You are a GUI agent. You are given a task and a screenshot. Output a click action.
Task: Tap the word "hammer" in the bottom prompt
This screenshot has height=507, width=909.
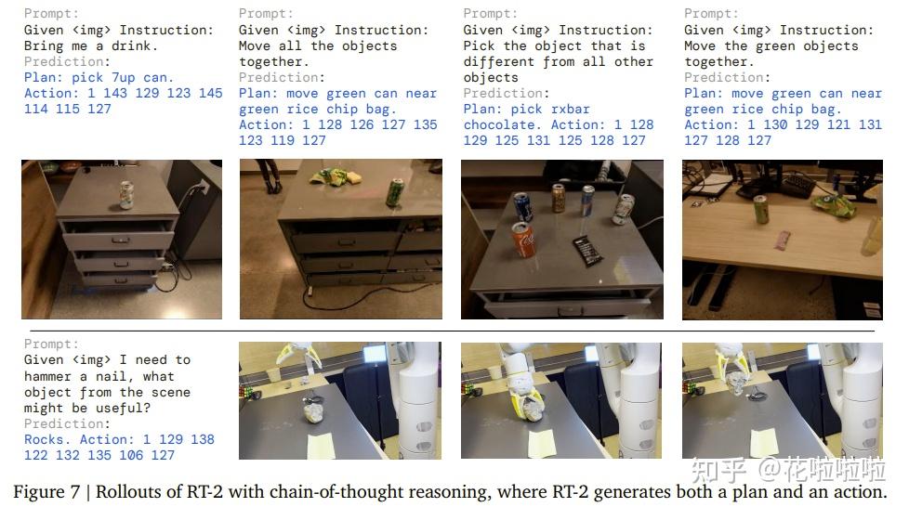click(x=47, y=376)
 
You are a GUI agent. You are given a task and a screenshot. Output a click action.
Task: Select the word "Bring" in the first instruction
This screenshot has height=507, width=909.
click(x=44, y=45)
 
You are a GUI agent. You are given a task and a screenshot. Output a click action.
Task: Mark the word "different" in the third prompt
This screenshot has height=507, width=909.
click(x=497, y=62)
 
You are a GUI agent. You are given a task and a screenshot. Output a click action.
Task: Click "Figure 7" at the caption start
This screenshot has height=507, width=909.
click(x=47, y=491)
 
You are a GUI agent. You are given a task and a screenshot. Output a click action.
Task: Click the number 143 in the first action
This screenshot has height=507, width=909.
click(x=114, y=93)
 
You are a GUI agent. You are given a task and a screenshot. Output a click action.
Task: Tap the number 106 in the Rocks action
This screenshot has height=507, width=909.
click(x=130, y=455)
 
